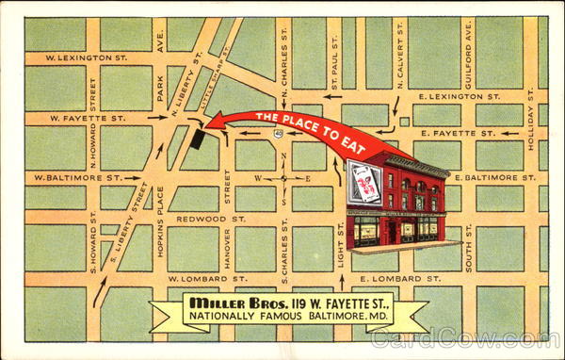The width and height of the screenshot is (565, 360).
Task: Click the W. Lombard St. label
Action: point(201,279)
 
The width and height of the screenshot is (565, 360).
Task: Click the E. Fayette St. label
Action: point(460,133)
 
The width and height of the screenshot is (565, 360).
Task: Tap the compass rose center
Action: point(283,177)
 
